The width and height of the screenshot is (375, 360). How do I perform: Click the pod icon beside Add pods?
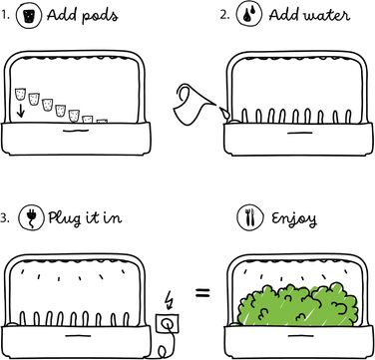pos(29,16)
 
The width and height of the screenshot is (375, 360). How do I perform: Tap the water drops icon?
pos(249,16)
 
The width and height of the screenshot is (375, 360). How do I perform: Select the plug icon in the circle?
pos(31,217)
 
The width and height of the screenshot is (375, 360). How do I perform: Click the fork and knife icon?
pos(249,217)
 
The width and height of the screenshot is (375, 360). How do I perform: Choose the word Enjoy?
pos(294,218)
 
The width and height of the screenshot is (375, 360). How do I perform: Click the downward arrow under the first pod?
pos(21,111)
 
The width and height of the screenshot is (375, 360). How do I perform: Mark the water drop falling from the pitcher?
pos(225,114)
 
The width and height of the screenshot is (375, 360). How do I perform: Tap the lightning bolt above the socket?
pos(170,300)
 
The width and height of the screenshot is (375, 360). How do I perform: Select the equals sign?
pos(202,293)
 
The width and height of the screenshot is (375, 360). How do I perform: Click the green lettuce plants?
pos(298,304)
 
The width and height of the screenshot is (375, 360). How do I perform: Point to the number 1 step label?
pos(4,15)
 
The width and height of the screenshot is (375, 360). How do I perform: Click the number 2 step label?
pos(224,15)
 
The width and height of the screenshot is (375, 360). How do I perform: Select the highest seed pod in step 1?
pos(20,94)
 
